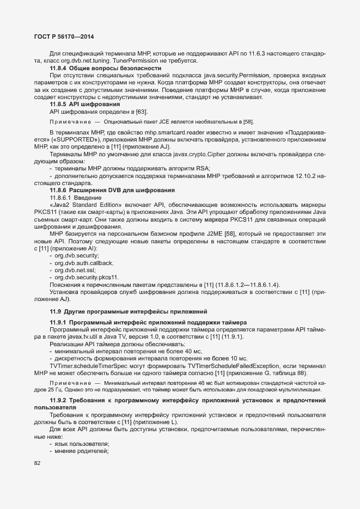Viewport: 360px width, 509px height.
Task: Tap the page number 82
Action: (37, 463)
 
